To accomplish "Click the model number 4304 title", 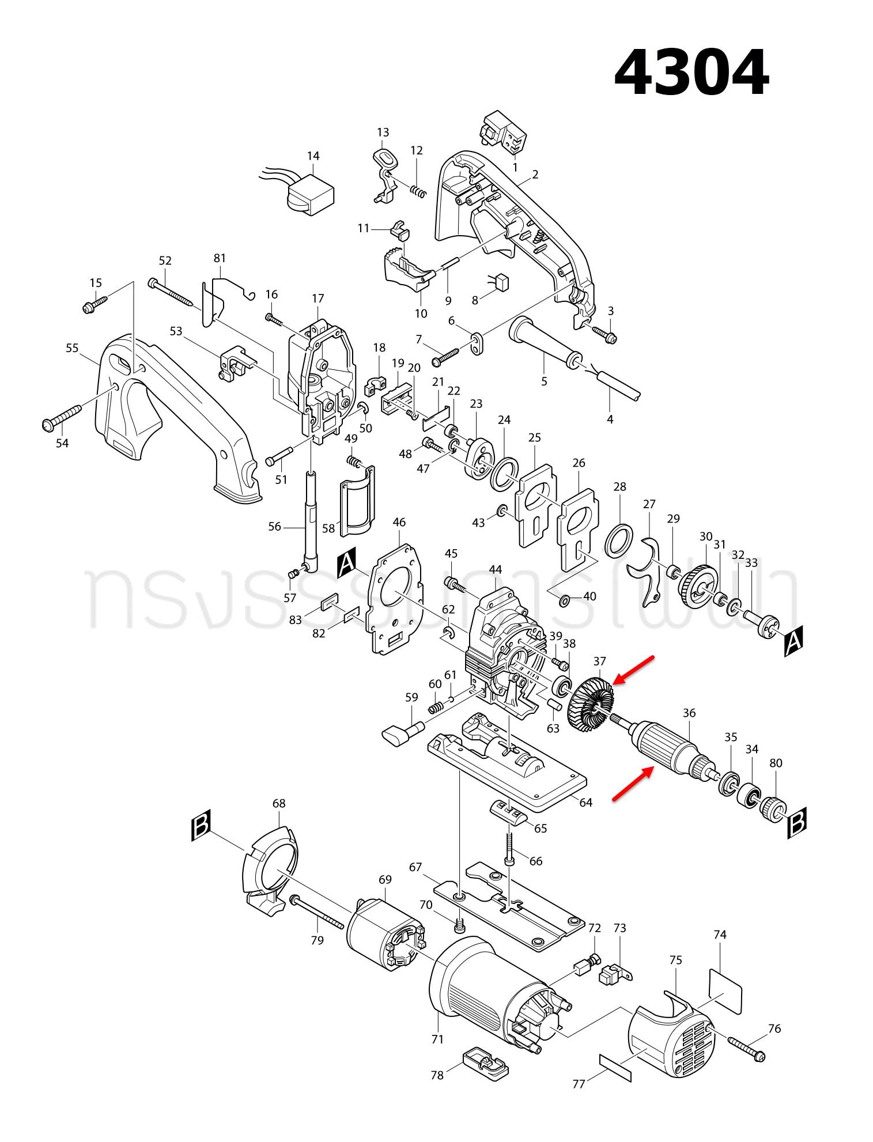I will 691,73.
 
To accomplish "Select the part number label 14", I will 313,156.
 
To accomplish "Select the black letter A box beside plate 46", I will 346,563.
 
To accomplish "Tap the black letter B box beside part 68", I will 201,825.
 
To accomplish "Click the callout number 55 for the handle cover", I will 72,348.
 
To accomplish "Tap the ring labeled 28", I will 618,540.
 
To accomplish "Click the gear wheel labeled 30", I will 698,586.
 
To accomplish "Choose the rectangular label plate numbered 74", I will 725,990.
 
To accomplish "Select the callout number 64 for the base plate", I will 585,802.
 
